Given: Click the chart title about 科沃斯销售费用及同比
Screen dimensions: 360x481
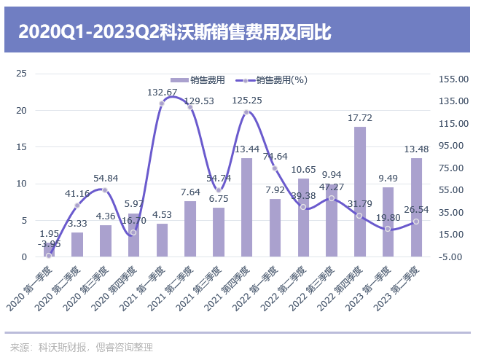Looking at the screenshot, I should tap(174, 32).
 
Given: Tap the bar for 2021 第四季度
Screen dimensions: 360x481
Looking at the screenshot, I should tap(246, 208).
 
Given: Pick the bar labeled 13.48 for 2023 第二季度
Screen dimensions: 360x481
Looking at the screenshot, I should tap(416, 208).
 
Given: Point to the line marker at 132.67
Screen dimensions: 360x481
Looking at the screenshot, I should tap(162, 103).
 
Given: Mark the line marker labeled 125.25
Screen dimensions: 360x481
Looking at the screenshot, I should tap(246, 112).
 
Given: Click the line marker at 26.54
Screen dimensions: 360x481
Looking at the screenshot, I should tap(416, 222).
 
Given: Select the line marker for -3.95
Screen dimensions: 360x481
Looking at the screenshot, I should tap(49, 255).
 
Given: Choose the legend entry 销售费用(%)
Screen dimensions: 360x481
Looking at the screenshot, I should tap(273, 79).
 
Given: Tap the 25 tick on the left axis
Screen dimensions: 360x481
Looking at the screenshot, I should tap(21, 74).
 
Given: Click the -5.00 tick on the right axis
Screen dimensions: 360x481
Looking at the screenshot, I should tap(451, 257).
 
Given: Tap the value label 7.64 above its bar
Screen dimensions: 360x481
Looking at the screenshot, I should tap(190, 192).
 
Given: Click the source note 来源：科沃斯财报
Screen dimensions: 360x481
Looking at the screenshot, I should tap(81, 347).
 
